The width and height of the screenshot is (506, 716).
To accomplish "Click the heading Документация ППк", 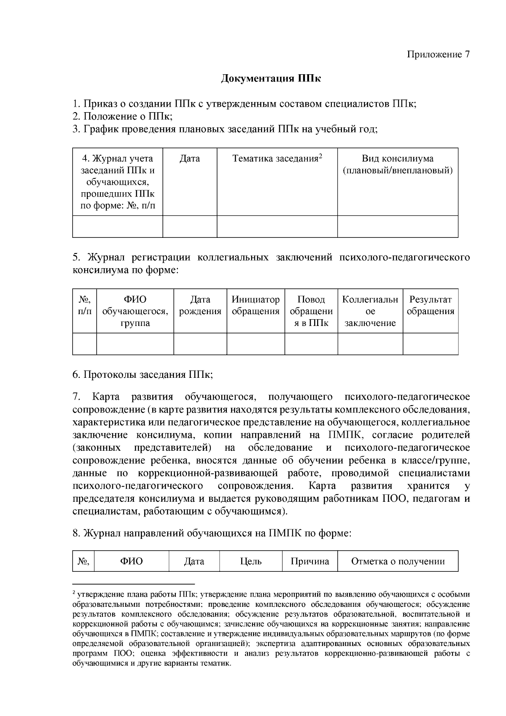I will pos(271,79).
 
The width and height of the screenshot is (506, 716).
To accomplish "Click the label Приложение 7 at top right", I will pos(438,55).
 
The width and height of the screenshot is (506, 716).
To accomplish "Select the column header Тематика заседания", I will pos(275,159).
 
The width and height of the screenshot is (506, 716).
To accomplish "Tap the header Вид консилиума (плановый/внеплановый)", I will pos(397,165).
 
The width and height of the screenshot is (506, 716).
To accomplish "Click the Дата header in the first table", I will pos(190,159).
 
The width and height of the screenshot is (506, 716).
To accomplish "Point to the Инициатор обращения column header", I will pos(256,306).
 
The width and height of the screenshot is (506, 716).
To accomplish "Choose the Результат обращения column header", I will pos(431,306).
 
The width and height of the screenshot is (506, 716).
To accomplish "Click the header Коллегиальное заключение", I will pos(370,311).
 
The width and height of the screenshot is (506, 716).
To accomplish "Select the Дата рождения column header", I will pos(200,306).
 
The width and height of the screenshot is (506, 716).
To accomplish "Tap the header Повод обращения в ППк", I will pos(311,311).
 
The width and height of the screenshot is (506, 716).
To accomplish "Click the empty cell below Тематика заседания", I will pos(277,226).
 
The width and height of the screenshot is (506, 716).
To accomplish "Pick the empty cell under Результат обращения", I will pos(431,344).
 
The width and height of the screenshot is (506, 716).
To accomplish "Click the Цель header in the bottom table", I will pos(250,561).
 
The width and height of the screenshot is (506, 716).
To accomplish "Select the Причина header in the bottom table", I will pos(310,561).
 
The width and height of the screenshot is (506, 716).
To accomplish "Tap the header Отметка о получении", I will pos(398,561).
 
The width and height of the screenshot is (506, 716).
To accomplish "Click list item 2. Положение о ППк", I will pos(122,116).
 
